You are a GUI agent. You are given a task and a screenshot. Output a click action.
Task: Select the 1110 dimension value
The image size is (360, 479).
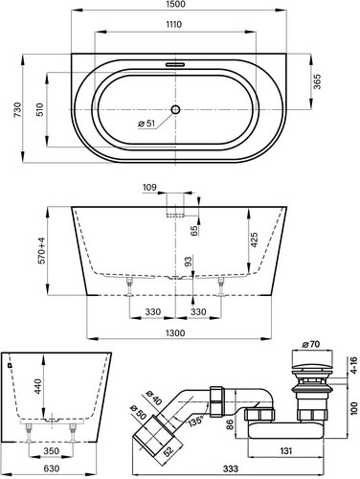tap(173, 24)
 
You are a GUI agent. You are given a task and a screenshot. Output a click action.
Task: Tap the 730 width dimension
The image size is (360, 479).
tap(17, 109)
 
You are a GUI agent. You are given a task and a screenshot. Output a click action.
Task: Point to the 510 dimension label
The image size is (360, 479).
tap(40, 109)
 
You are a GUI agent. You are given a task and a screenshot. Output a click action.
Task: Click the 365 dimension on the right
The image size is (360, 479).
tap(317, 81)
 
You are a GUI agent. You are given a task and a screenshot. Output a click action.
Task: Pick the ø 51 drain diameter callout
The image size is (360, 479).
tap(146, 124)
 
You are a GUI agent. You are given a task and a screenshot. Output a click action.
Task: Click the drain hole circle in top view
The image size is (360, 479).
tap(175, 109)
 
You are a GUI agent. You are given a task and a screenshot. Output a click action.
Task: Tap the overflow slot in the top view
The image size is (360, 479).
tap(175, 64)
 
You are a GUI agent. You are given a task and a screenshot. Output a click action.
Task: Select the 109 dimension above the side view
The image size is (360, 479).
tap(149, 187)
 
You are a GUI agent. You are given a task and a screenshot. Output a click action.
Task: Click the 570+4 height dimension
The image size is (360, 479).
tap(42, 251)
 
